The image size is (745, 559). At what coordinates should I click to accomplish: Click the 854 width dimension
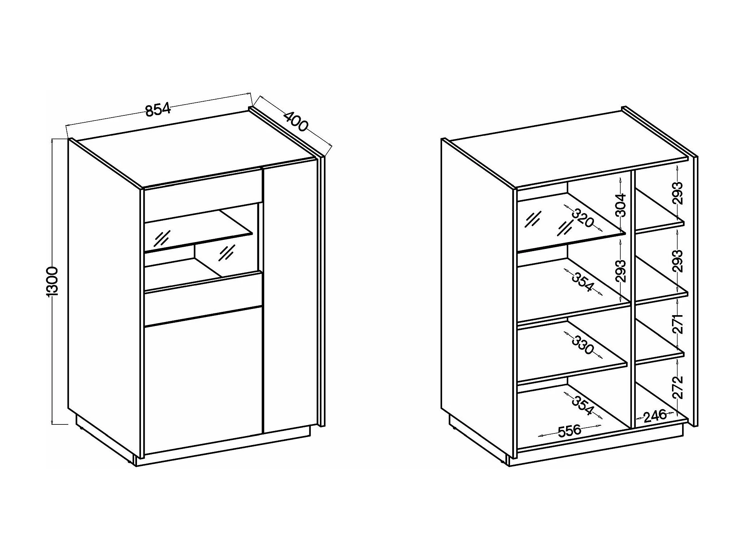click(x=158, y=110)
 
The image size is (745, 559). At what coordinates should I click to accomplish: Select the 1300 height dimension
click(x=52, y=281)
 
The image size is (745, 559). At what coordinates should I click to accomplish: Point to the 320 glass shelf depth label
click(x=583, y=218)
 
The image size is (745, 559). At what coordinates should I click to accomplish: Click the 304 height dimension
click(x=620, y=205)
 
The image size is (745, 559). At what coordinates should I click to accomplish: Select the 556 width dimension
click(x=569, y=431)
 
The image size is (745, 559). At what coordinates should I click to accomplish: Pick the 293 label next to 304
click(x=620, y=271)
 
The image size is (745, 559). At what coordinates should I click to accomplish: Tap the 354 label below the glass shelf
click(x=583, y=282)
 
